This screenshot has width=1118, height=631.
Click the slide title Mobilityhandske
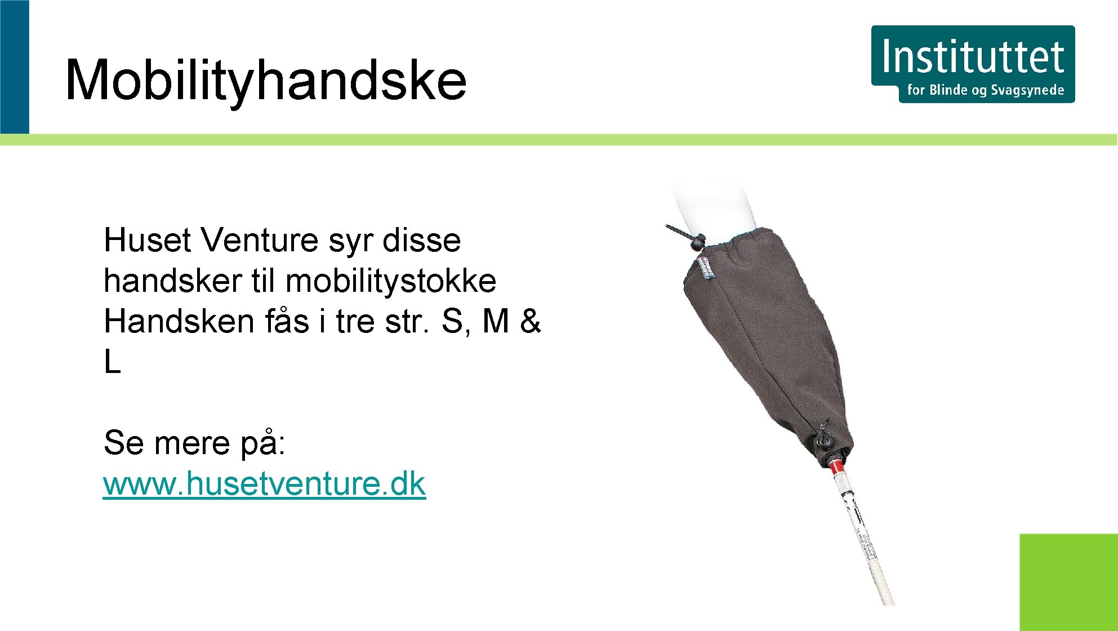(265, 81)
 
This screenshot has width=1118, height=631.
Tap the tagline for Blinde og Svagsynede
(985, 90)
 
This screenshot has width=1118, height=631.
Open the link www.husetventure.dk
(264, 484)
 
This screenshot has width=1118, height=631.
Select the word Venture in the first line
(260, 241)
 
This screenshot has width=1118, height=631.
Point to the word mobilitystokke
(391, 281)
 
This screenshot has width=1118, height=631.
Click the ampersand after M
(529, 322)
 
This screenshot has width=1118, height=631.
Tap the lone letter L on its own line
(112, 362)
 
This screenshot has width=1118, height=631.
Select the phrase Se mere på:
(194, 443)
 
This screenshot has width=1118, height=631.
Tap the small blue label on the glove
(707, 268)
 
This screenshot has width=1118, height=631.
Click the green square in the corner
(1068, 582)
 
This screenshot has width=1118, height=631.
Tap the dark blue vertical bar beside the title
(14, 66)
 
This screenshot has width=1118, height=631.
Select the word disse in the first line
(421, 241)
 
